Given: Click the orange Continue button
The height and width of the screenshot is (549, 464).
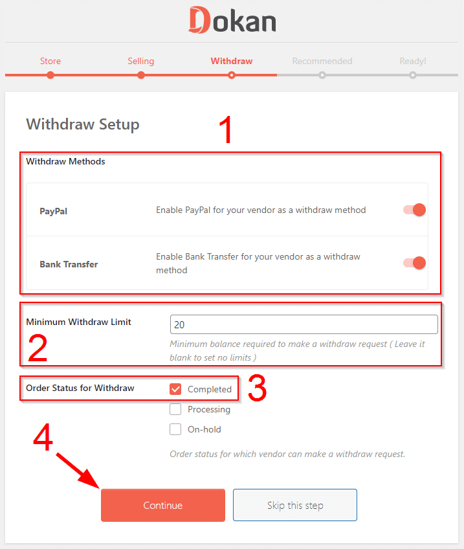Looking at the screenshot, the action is pyautogui.click(x=162, y=505).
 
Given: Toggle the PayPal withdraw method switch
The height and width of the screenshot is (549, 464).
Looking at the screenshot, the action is pyautogui.click(x=414, y=210).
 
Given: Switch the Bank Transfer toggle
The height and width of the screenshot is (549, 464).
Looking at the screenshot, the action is pyautogui.click(x=414, y=263).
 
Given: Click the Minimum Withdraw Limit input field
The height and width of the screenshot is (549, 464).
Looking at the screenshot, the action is pyautogui.click(x=304, y=324).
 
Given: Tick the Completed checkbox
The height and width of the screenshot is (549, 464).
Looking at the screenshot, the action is pyautogui.click(x=175, y=389).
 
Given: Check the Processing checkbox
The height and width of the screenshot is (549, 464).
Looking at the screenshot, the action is pyautogui.click(x=175, y=409).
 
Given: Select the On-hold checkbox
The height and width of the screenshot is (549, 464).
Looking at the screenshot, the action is pyautogui.click(x=175, y=429).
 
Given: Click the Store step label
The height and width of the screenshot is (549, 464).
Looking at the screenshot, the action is pyautogui.click(x=50, y=61).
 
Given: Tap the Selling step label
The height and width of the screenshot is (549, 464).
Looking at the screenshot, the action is pyautogui.click(x=140, y=61).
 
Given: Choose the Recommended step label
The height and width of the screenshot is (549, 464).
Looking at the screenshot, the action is pyautogui.click(x=322, y=61).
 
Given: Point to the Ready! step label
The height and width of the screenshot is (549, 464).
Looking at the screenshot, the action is pyautogui.click(x=413, y=61).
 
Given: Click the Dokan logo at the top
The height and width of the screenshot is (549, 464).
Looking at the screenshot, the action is pyautogui.click(x=232, y=20).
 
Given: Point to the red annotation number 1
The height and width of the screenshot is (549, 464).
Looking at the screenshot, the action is pyautogui.click(x=226, y=129).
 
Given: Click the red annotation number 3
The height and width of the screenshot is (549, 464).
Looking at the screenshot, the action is pyautogui.click(x=257, y=388).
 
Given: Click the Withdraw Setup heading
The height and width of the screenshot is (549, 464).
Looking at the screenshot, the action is pyautogui.click(x=83, y=124).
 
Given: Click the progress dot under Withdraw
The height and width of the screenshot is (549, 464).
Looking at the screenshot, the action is pyautogui.click(x=231, y=75).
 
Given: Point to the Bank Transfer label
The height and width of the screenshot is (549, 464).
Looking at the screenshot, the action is pyautogui.click(x=69, y=264).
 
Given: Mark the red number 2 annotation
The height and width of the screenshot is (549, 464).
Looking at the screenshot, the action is pyautogui.click(x=38, y=348).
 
